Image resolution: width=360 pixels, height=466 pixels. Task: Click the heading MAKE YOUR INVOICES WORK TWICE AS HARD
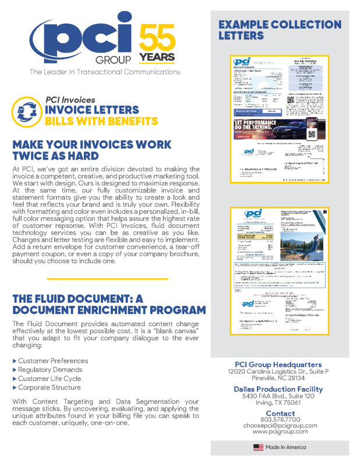pyautogui.click(x=91, y=150)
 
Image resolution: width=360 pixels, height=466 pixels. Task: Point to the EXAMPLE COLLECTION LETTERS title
pyautogui.click(x=280, y=30)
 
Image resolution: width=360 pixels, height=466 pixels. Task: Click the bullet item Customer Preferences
pyautogui.click(x=53, y=361)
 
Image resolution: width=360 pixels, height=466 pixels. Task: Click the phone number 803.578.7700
pyautogui.click(x=280, y=419)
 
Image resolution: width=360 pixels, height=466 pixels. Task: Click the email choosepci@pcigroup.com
pyautogui.click(x=280, y=426)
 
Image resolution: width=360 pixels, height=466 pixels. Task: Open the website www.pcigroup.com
pyautogui.click(x=280, y=432)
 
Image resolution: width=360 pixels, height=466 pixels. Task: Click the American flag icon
pyautogui.click(x=258, y=447)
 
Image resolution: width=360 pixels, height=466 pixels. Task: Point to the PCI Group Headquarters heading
pyautogui.click(x=280, y=365)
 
